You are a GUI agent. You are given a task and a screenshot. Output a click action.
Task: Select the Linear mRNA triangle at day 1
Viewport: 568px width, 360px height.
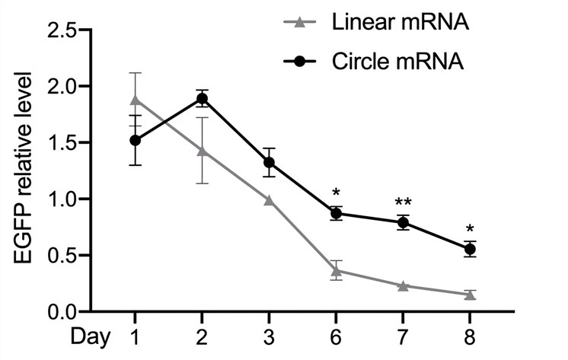(135, 100)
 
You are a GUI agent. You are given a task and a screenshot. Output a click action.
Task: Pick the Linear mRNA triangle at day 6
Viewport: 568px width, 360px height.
(336, 270)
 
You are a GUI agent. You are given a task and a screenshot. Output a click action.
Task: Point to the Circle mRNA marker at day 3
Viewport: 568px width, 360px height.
(269, 162)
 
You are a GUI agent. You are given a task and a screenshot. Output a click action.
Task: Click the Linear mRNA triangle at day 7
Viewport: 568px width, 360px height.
(403, 285)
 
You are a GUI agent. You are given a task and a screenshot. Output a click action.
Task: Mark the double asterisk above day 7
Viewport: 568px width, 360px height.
(403, 202)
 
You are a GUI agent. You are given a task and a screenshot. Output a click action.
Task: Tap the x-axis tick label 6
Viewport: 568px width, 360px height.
(336, 336)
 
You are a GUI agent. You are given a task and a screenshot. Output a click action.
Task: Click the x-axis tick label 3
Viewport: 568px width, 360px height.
(269, 336)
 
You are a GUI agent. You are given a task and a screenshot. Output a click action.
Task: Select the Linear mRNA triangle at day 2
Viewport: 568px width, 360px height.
(202, 151)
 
